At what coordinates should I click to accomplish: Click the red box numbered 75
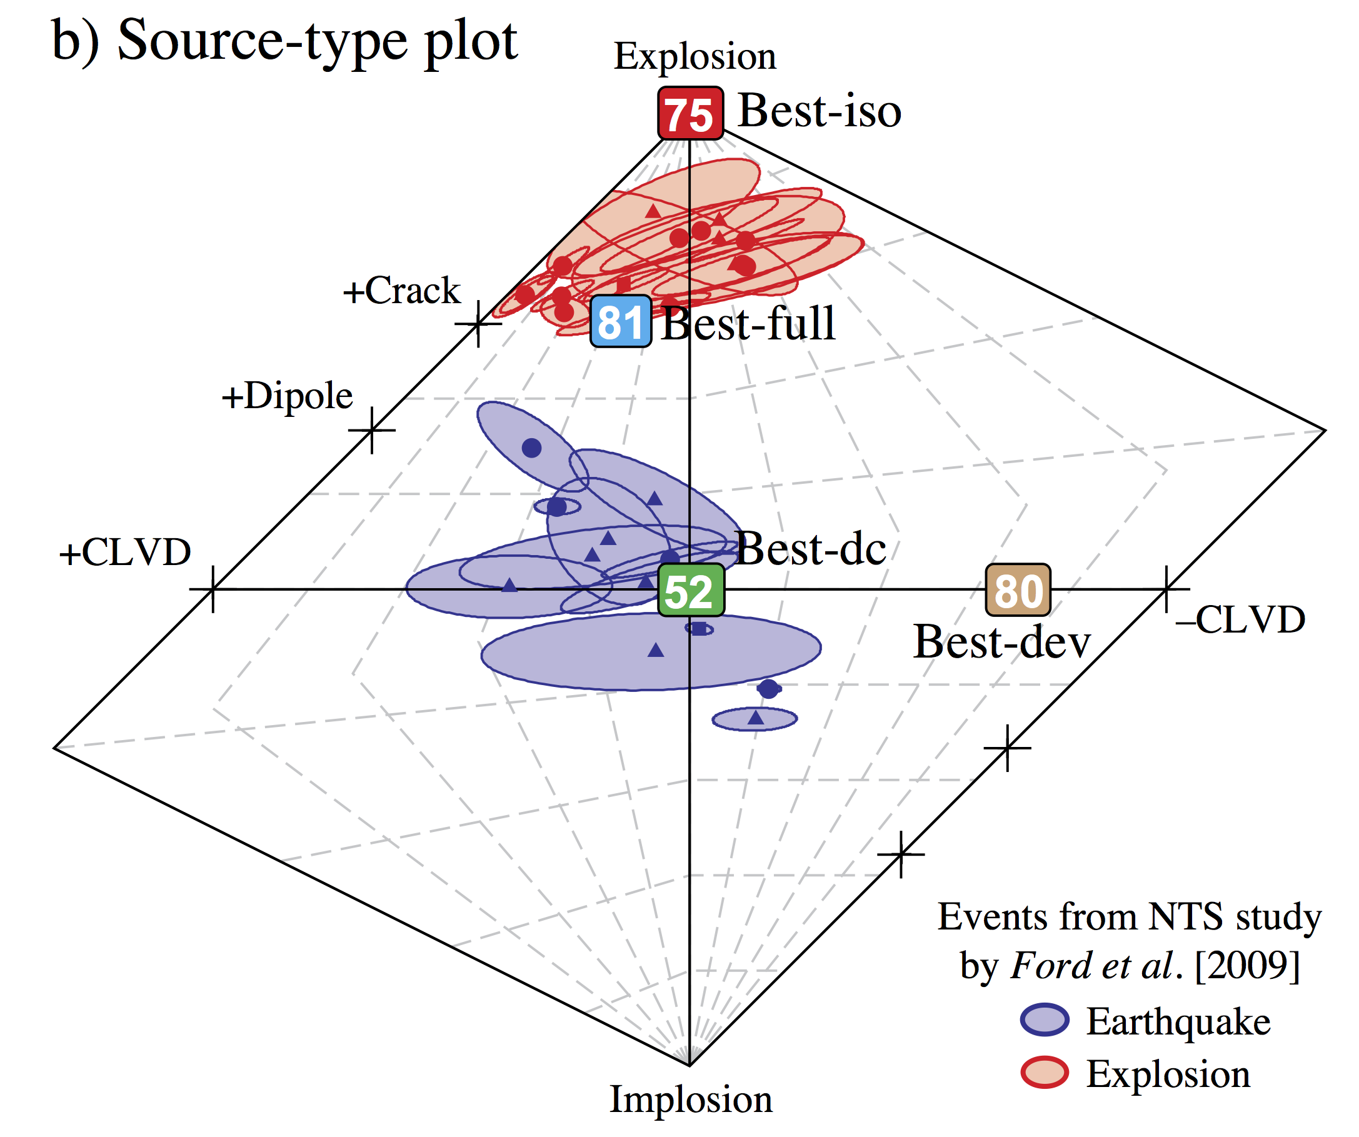[x=690, y=114]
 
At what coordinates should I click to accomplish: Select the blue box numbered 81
[x=621, y=322]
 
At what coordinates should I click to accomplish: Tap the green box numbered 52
[x=691, y=590]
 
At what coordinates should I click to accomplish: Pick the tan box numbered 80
[x=1018, y=590]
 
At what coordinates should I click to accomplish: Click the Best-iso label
[x=820, y=111]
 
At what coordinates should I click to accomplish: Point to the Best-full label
[x=749, y=324]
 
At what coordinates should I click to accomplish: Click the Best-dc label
[x=811, y=549]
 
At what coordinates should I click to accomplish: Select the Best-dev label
[x=1002, y=643]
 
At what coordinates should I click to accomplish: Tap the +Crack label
[x=401, y=291]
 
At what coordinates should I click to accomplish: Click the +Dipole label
[x=288, y=396]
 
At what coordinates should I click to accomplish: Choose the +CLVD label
[x=125, y=553]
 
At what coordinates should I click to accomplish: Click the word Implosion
[x=691, y=1099]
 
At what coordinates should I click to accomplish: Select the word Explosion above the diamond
[x=695, y=57]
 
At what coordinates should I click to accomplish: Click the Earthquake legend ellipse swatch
[x=1045, y=1021]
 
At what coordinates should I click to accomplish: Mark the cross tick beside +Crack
[x=478, y=323]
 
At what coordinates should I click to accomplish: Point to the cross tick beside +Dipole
[x=371, y=429]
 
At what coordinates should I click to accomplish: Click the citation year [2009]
[x=1248, y=966]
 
